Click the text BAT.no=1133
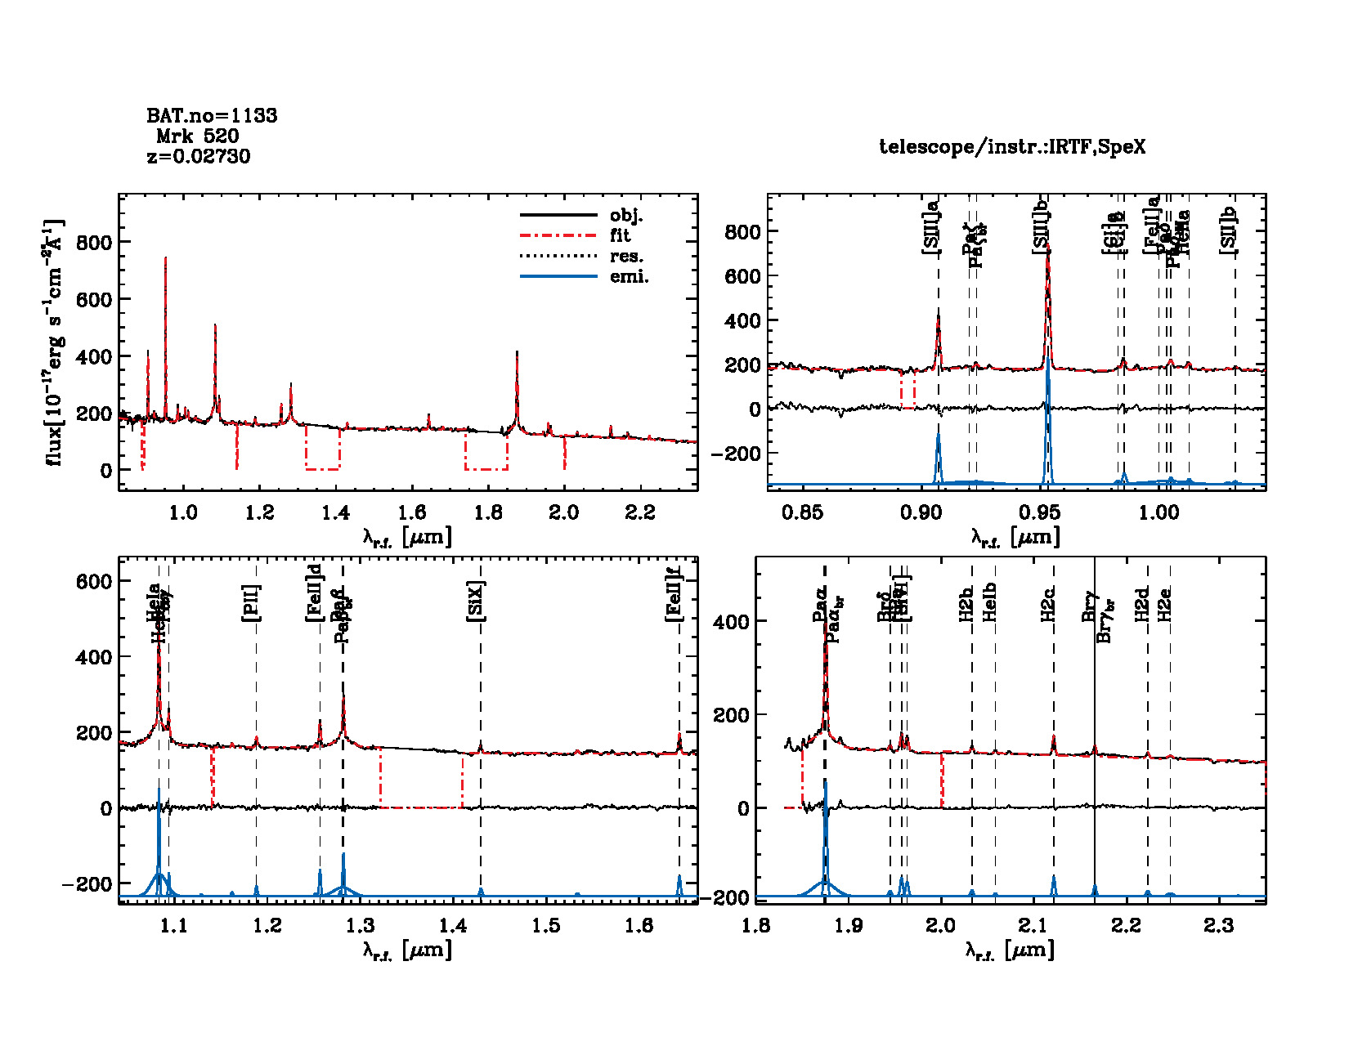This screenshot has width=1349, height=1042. click(212, 116)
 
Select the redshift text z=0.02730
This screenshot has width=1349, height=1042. click(199, 156)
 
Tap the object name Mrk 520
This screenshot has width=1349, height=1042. click(198, 136)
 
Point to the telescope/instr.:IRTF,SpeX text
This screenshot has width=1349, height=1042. click(1012, 147)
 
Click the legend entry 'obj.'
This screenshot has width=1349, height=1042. click(626, 216)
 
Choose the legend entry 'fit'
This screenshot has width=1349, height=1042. click(621, 235)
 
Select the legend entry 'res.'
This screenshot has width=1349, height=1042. click(626, 256)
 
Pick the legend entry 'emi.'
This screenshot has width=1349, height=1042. click(629, 276)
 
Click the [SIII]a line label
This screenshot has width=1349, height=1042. click(931, 226)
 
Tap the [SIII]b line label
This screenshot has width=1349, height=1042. click(1041, 226)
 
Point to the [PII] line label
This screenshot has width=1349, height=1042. click(251, 603)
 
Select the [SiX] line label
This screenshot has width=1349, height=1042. click(476, 602)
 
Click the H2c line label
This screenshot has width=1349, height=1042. click(1048, 605)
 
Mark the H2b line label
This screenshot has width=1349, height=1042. click(966, 605)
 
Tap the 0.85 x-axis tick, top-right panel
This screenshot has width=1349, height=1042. click(802, 512)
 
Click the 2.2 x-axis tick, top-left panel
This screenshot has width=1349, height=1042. click(639, 512)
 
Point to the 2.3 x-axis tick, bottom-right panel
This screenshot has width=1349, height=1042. click(1218, 925)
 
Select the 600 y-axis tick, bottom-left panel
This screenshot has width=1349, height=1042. click(93, 581)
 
